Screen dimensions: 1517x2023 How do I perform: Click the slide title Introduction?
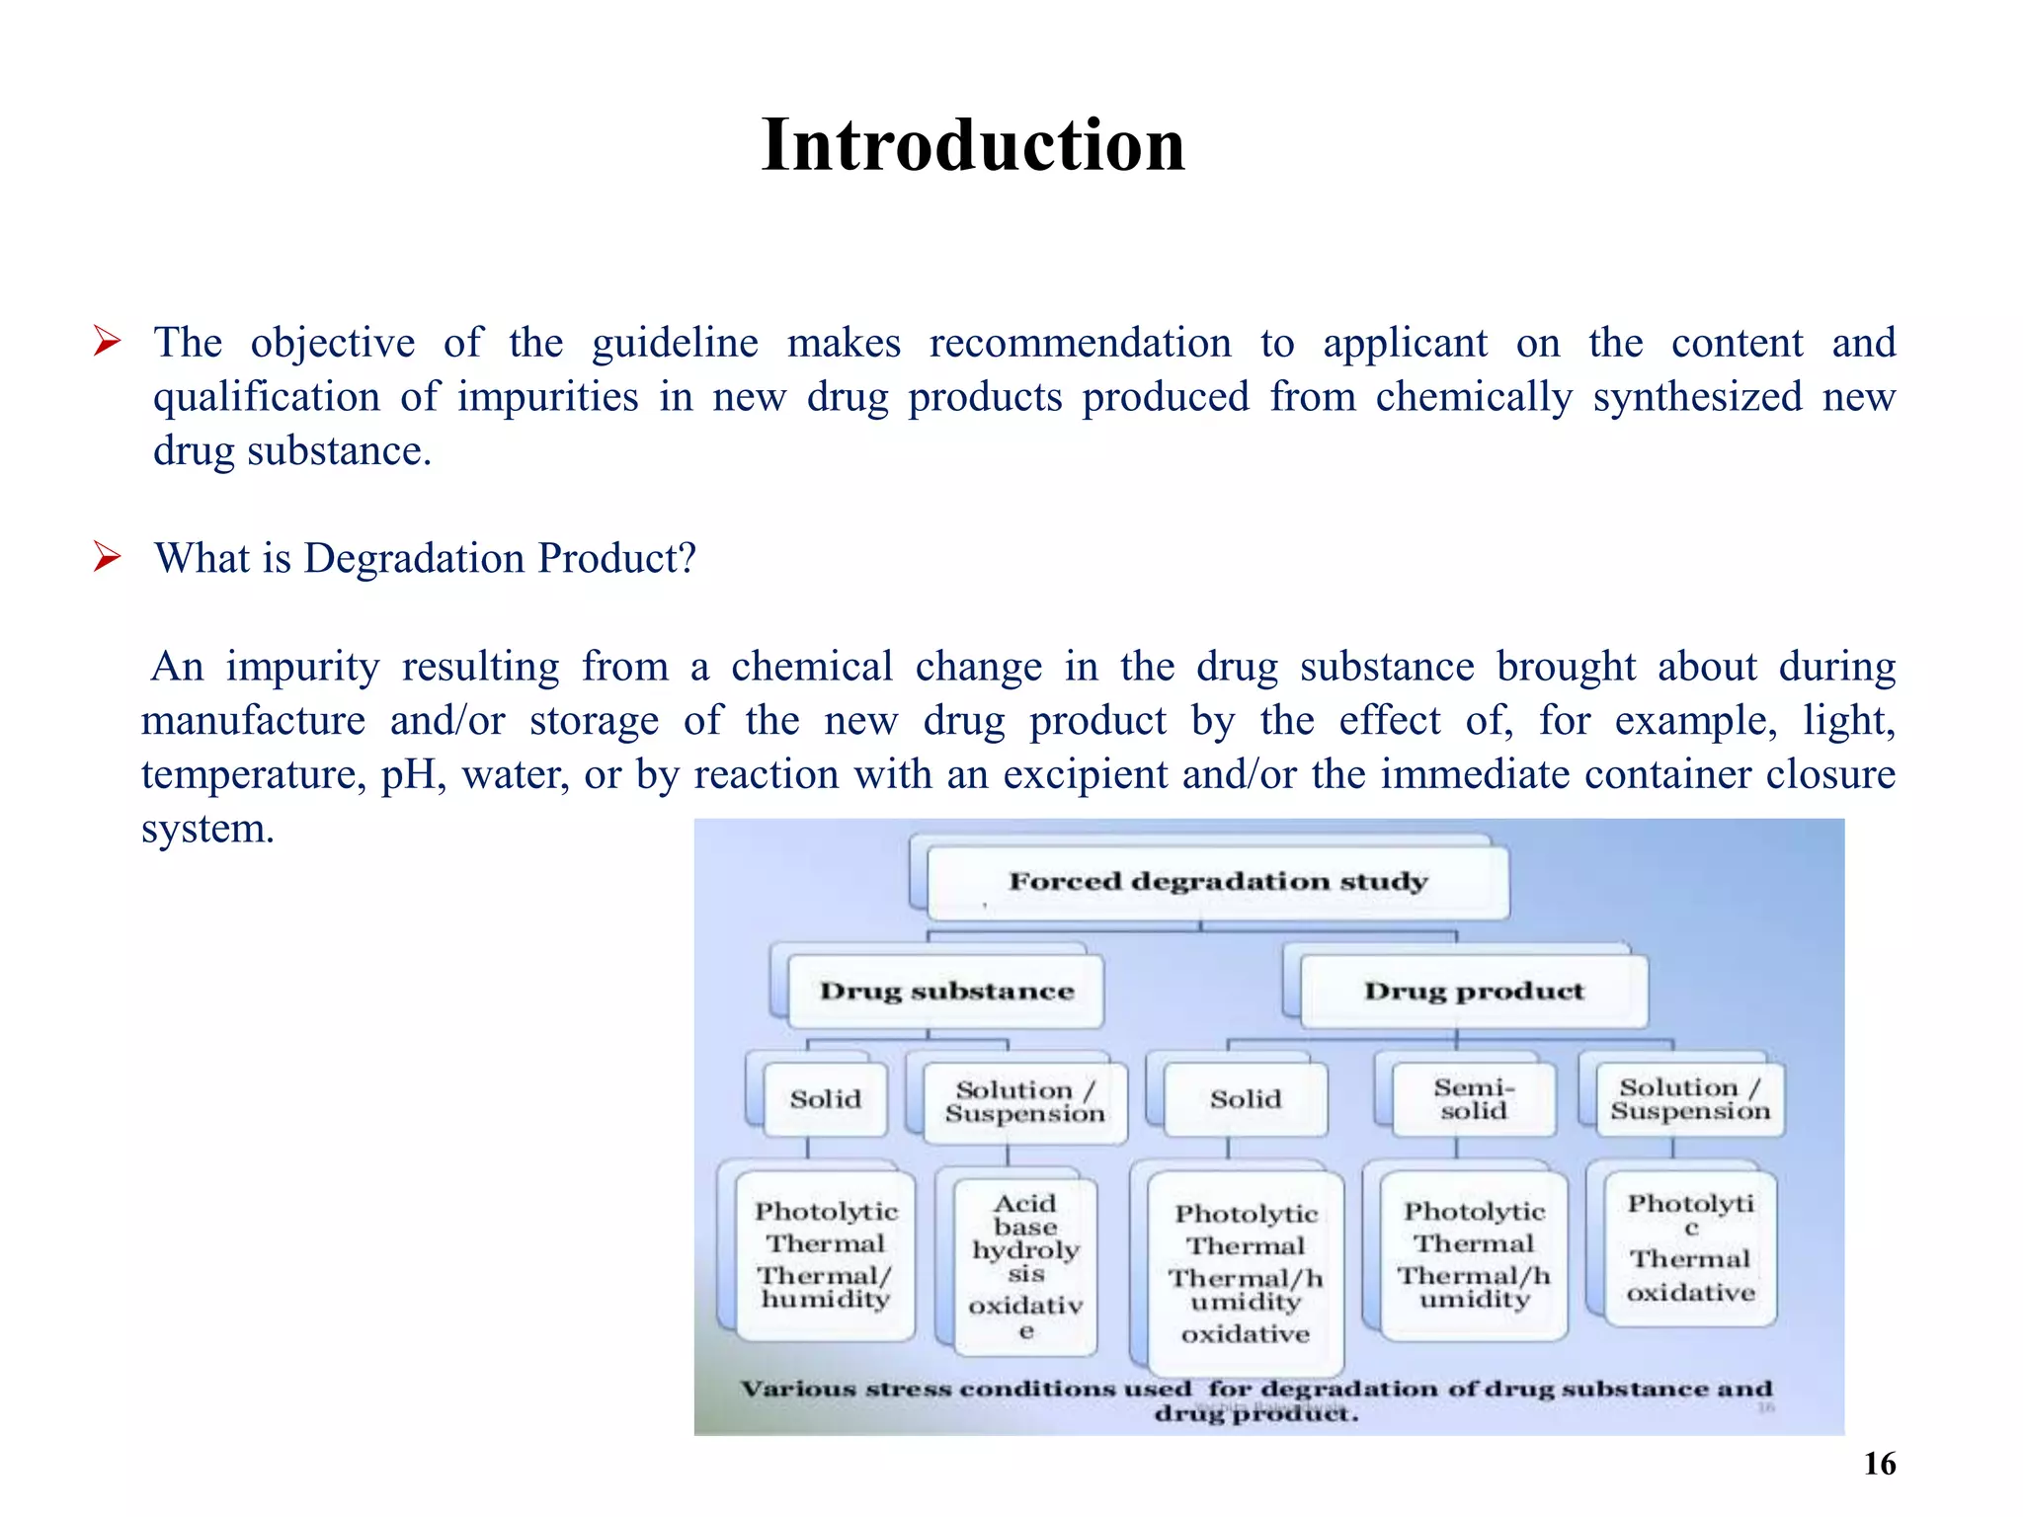point(973,145)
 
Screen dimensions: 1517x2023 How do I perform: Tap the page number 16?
point(1879,1464)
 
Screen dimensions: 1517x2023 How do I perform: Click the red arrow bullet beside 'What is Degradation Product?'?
point(107,558)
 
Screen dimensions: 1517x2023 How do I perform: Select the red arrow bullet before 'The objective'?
point(107,343)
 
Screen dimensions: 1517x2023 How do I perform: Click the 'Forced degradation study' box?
point(1217,881)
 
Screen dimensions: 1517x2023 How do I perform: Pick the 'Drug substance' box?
point(946,991)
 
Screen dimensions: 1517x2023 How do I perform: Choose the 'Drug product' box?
point(1473,991)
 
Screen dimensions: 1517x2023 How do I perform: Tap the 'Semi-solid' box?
point(1473,1099)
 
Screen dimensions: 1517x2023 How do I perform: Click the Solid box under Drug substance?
point(825,1099)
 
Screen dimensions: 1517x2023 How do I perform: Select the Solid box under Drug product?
point(1245,1099)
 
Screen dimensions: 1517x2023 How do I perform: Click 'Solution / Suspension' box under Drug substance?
point(1024,1102)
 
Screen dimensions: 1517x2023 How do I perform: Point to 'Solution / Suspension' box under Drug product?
point(1689,1099)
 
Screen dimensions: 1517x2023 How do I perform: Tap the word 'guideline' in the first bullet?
point(675,343)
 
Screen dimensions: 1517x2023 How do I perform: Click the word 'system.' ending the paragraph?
point(207,828)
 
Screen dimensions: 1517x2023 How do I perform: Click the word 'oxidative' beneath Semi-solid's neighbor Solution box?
point(1690,1293)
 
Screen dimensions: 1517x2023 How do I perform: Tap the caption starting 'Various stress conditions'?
point(1255,1399)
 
